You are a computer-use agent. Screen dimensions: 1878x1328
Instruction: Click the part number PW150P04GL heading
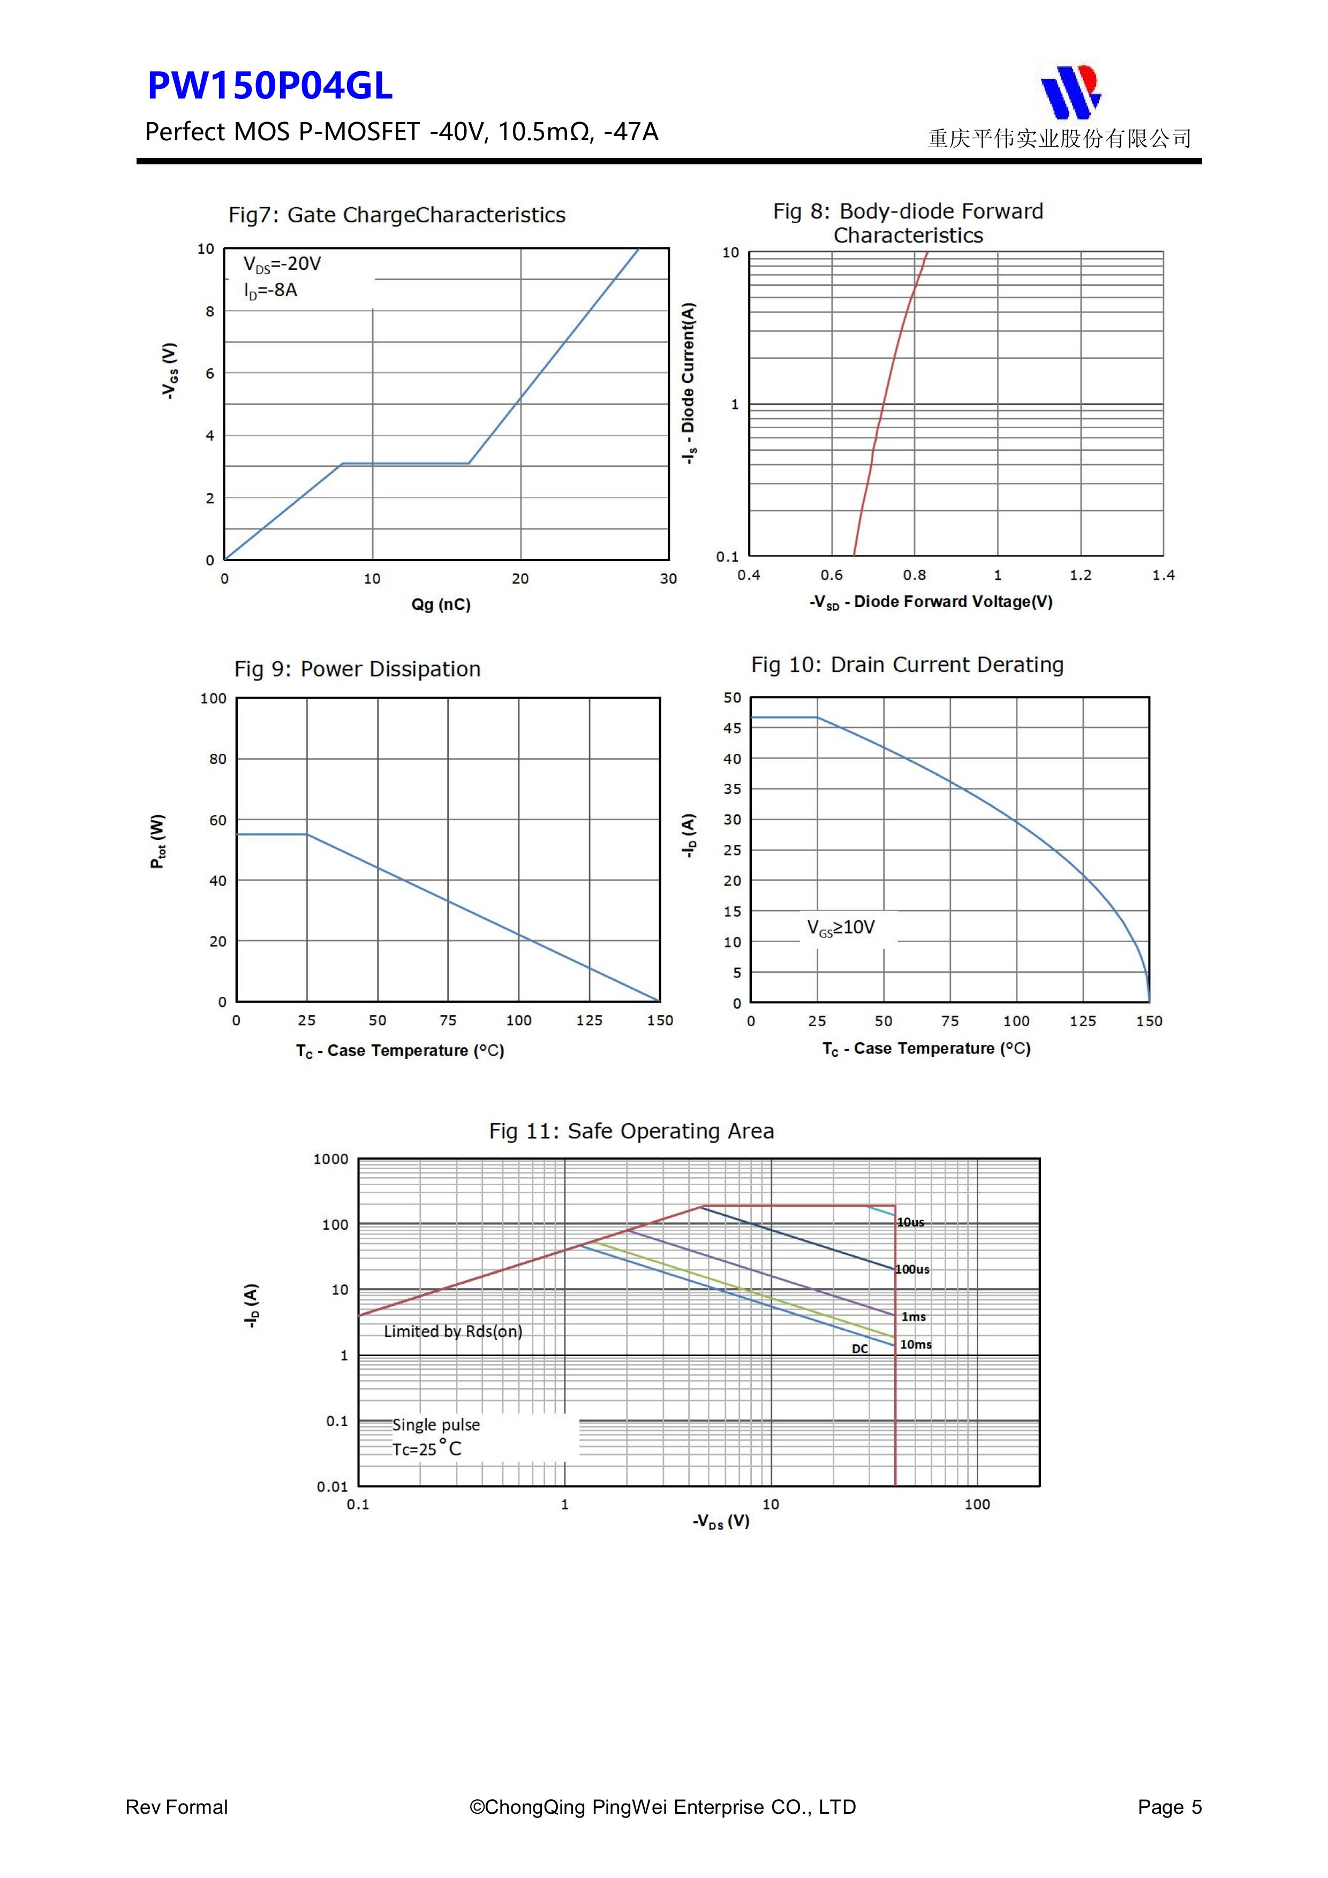[269, 86]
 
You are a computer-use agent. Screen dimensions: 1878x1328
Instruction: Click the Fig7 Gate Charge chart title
[397, 215]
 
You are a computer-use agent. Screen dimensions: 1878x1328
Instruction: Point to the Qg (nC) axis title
[441, 604]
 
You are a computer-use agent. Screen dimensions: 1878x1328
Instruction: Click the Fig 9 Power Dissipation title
[358, 669]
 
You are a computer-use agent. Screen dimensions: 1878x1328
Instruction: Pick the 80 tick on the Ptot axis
[217, 759]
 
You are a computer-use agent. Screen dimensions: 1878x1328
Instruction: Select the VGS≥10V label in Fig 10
[841, 928]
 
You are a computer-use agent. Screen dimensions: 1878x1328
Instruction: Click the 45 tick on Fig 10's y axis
[733, 728]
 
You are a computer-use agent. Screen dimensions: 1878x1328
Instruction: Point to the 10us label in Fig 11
[911, 1222]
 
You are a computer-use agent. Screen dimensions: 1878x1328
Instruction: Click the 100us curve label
[912, 1269]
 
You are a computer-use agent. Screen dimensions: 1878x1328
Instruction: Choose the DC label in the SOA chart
[860, 1349]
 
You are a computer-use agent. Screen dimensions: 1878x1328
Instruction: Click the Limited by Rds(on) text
[452, 1331]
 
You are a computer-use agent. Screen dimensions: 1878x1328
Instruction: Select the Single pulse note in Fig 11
[436, 1425]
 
